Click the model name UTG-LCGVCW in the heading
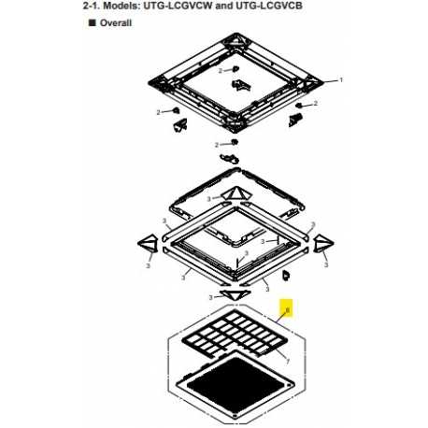point(178,6)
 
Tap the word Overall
point(116,23)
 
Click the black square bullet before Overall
point(92,22)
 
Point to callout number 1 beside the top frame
point(341,80)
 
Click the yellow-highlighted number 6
point(288,310)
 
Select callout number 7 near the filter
point(288,362)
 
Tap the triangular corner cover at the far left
point(147,243)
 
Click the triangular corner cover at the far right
point(323,243)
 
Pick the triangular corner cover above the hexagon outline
point(235,294)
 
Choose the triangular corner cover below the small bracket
point(236,193)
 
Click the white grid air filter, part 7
point(233,333)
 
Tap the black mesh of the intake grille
point(235,384)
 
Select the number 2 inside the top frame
point(221,71)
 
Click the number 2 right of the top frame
point(316,103)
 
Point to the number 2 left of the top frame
point(158,112)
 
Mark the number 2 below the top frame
point(217,145)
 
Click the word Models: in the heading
point(121,6)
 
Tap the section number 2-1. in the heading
point(92,6)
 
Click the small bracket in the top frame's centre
point(240,85)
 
